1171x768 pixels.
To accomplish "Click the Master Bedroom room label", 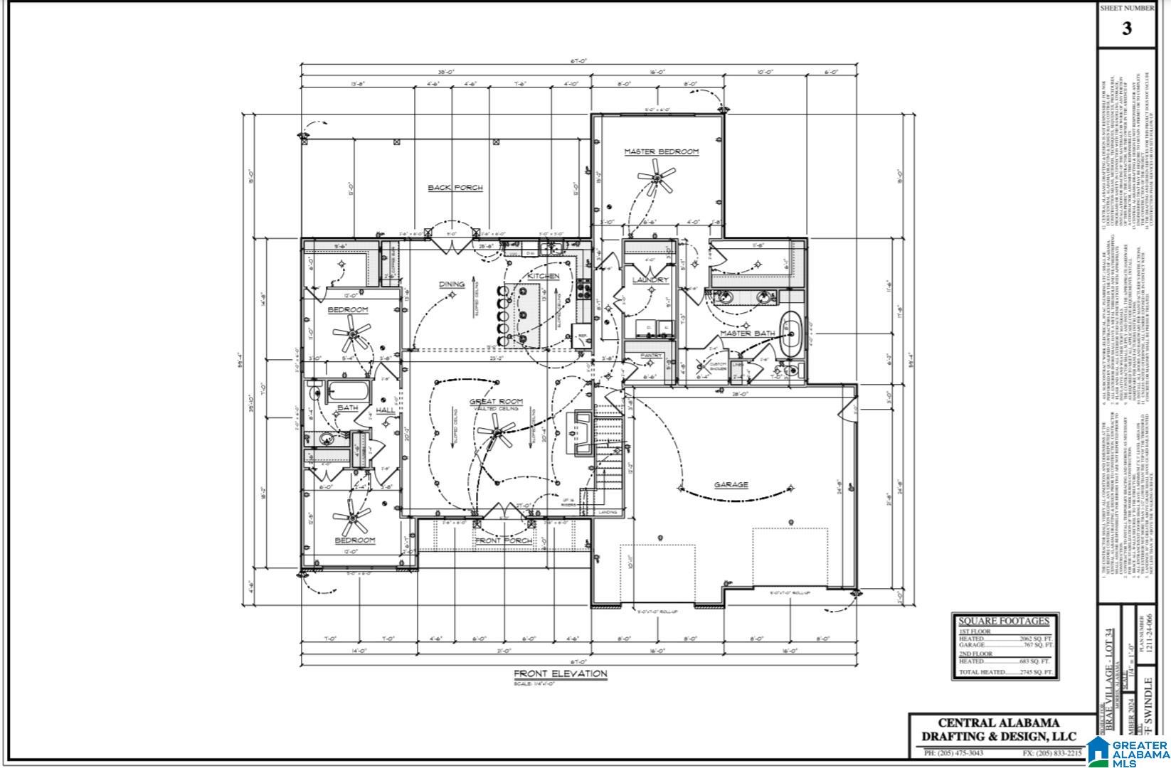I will coord(661,151).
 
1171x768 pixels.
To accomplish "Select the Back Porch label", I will coord(455,188).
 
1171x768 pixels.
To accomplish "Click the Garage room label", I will coord(731,485).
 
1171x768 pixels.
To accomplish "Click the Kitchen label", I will coord(543,276).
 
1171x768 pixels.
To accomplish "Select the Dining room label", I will coord(451,284).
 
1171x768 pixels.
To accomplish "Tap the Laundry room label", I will coord(650,280).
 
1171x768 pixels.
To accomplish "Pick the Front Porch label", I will coord(503,540).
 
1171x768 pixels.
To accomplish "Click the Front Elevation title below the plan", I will coord(561,673).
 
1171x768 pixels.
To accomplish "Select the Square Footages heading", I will coord(1003,621).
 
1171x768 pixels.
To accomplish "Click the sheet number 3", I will coord(1126,29).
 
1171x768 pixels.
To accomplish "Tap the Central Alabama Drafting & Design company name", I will coord(999,730).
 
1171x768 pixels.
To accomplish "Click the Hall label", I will coord(385,410).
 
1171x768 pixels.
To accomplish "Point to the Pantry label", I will coord(651,356).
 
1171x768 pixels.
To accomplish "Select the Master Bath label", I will coord(746,333).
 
